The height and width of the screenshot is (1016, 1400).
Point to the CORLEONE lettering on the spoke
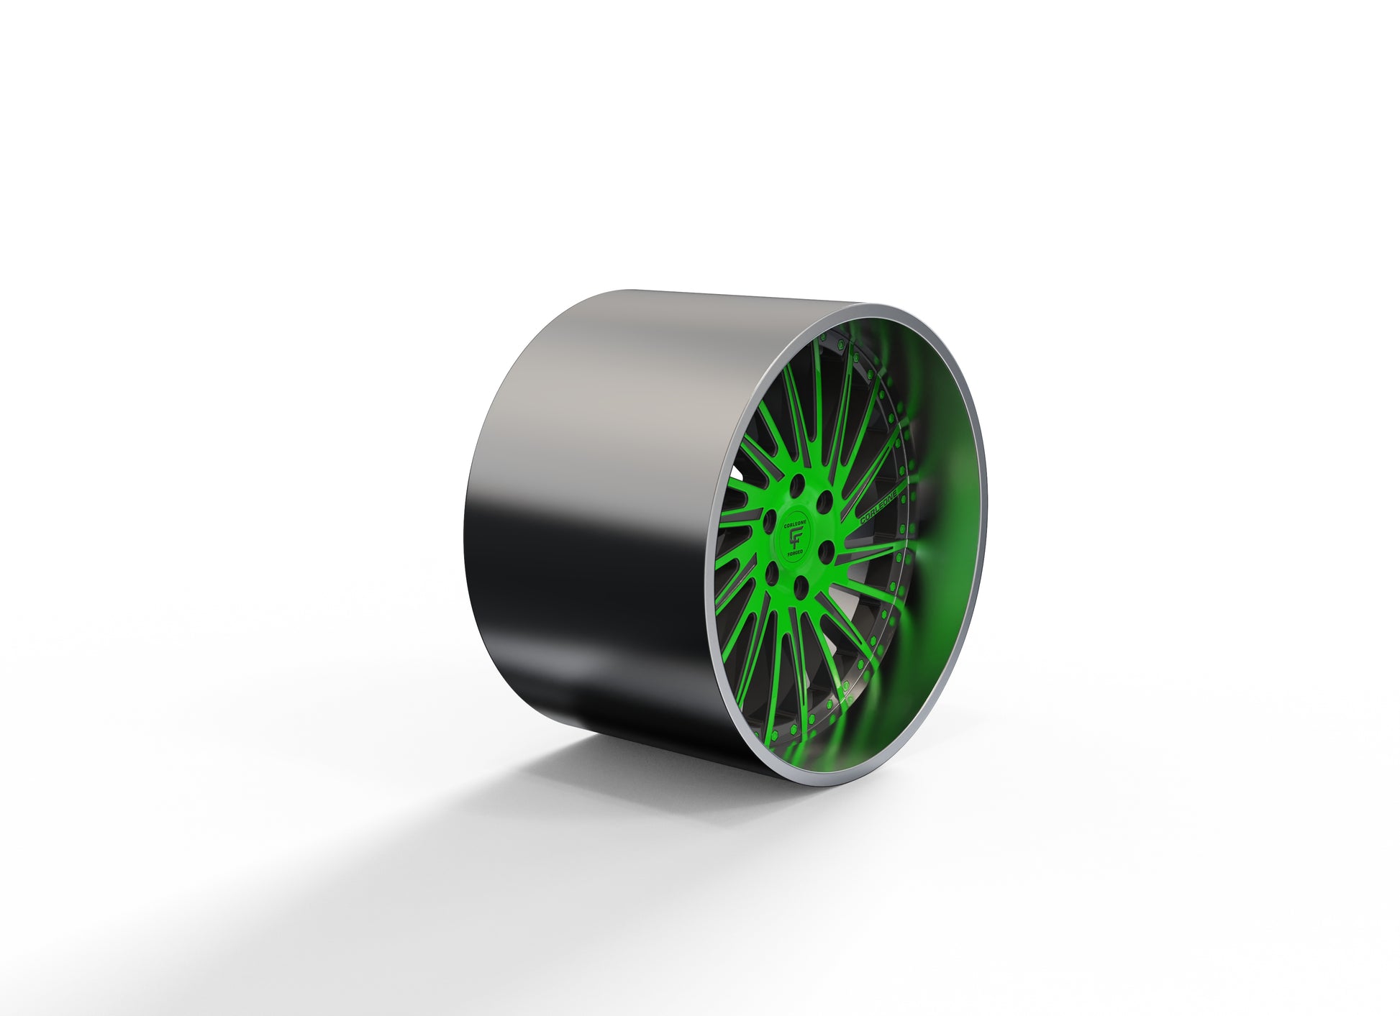pyautogui.click(x=883, y=508)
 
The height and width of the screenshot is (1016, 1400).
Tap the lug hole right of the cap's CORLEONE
pyautogui.click(x=824, y=499)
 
